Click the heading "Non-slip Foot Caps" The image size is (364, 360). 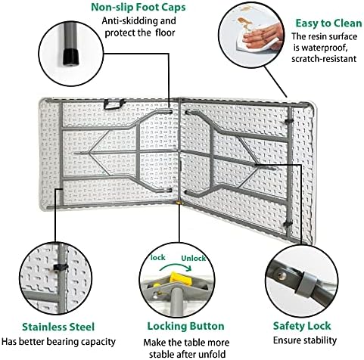(x=138, y=7)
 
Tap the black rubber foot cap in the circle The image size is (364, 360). (x=70, y=57)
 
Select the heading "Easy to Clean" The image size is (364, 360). (x=328, y=23)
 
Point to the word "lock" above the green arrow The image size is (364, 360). (x=158, y=258)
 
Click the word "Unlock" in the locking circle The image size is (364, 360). (x=194, y=259)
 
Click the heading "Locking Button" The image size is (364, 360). (x=185, y=326)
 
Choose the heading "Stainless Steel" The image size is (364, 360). (x=58, y=327)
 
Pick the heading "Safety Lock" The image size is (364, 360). (x=302, y=326)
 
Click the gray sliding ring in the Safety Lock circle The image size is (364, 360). (x=305, y=284)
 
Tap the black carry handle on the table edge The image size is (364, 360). (x=114, y=104)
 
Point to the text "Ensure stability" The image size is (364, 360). (x=305, y=340)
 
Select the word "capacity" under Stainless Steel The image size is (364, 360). (x=98, y=342)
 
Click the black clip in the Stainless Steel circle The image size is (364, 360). (x=61, y=268)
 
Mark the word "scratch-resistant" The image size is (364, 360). (x=324, y=59)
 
